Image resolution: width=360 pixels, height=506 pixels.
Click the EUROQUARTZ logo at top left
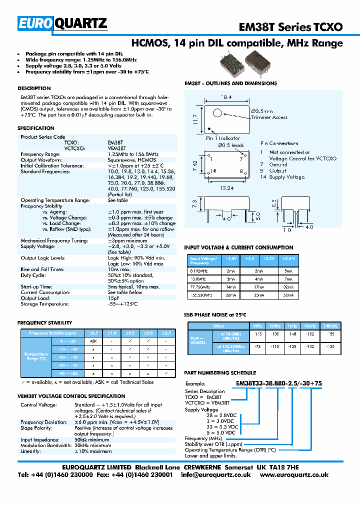coord(62,23)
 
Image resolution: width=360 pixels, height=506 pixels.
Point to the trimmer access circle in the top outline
coord(217,112)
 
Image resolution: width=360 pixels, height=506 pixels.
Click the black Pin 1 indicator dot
coord(209,128)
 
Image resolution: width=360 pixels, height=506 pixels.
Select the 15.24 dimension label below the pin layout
coord(226,189)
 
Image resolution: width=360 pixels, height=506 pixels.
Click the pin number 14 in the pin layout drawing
coord(213,171)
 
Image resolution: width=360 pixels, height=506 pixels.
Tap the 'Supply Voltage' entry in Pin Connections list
coord(286,177)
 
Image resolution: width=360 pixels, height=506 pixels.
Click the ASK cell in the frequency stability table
coord(93,340)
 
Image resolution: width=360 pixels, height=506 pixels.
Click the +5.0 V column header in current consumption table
coord(289,259)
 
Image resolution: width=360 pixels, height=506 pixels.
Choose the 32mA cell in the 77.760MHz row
coord(289,287)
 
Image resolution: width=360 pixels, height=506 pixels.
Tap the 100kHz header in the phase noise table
coord(330,325)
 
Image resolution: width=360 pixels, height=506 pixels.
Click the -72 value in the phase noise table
coord(258,346)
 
